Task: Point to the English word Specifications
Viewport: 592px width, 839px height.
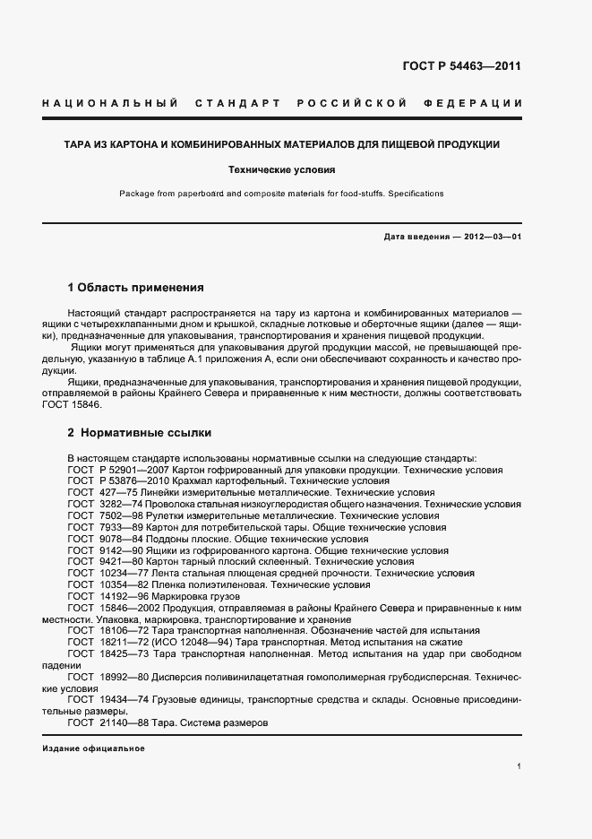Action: (x=414, y=194)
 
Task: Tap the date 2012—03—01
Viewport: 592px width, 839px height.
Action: (x=489, y=238)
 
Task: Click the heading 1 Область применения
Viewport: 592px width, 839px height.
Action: (x=136, y=288)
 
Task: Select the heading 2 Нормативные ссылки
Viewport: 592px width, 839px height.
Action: (x=140, y=432)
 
